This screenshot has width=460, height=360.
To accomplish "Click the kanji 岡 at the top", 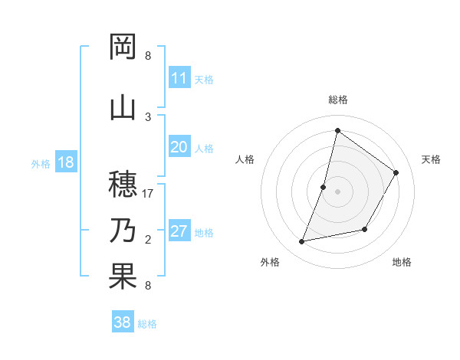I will [123, 47].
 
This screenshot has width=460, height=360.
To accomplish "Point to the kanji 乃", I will [123, 230].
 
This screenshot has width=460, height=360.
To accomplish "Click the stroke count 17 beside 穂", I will [149, 194].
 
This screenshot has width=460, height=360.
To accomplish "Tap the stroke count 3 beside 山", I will [148, 116].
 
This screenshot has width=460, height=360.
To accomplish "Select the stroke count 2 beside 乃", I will [148, 240].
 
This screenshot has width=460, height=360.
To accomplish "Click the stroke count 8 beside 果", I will [148, 286].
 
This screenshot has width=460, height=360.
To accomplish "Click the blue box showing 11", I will [179, 78].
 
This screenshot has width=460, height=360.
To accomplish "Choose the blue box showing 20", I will [179, 147].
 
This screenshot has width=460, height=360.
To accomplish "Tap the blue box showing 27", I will [179, 231].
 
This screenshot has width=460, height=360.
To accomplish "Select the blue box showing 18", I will [65, 162].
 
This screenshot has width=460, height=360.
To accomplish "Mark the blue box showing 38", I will [123, 322].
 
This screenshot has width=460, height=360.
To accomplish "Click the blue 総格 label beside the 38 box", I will [147, 324].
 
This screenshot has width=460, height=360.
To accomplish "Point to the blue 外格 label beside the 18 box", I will [41, 163].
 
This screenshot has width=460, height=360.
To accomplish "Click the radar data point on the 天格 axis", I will [396, 172].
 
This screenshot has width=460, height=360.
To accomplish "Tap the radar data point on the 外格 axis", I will [302, 241].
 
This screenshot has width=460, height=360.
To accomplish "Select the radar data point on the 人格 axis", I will [324, 187].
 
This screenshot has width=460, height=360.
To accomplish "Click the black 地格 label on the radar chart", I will [402, 262].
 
